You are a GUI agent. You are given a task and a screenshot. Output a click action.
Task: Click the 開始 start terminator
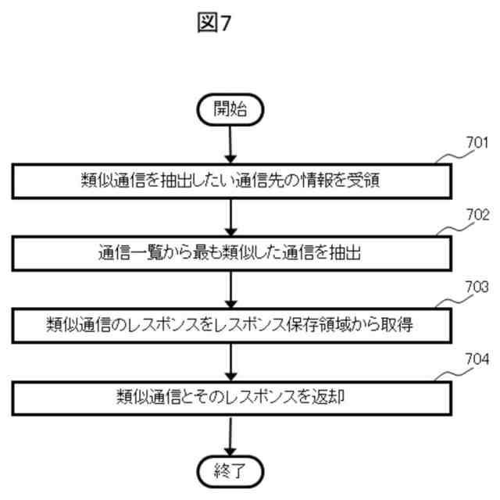point(230,110)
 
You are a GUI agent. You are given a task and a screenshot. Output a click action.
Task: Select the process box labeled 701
point(230,181)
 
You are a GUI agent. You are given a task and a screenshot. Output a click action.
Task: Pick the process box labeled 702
point(230,252)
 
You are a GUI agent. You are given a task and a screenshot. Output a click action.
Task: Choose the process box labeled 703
point(230,324)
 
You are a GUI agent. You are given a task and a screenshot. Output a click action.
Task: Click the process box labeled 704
point(230,396)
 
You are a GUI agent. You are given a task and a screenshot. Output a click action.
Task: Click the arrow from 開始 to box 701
point(230,145)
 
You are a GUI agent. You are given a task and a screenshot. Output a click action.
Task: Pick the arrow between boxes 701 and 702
point(230,216)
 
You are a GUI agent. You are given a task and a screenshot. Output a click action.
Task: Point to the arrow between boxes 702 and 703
point(230,288)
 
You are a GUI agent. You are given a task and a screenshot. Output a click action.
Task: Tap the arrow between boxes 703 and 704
point(230,360)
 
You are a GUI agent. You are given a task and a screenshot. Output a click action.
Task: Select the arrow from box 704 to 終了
point(230,434)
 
